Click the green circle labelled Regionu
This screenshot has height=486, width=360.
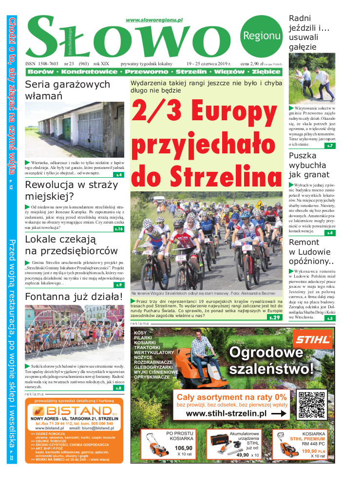[x=262, y=35]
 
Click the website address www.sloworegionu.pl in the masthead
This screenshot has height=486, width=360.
[x=154, y=20]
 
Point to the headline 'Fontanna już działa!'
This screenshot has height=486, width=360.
[x=73, y=297]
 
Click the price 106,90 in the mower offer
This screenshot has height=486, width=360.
[x=183, y=448]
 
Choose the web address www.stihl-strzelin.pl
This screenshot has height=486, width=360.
[x=227, y=413]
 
